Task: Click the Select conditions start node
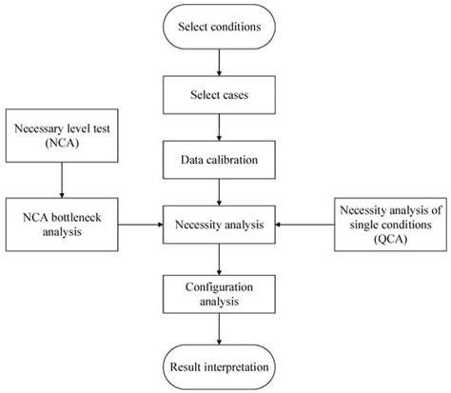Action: pyautogui.click(x=219, y=27)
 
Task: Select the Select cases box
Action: pyautogui.click(x=219, y=95)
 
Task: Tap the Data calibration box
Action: pyautogui.click(x=219, y=160)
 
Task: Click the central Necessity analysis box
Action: pyautogui.click(x=219, y=225)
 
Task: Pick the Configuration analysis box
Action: pyautogui.click(x=219, y=294)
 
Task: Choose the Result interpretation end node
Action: pyautogui.click(x=219, y=367)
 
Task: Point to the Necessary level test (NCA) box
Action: pyautogui.click(x=62, y=136)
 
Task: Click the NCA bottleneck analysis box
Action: pyautogui.click(x=62, y=225)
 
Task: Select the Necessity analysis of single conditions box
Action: pyautogui.click(x=390, y=225)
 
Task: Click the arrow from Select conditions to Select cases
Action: pyautogui.click(x=219, y=63)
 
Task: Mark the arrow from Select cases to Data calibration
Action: pyautogui.click(x=219, y=128)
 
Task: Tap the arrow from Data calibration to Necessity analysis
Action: pyautogui.click(x=219, y=192)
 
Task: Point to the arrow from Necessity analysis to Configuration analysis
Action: pyautogui.click(x=219, y=260)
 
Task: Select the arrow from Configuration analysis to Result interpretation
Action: pyautogui.click(x=219, y=329)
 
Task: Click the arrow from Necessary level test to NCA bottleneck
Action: pyautogui.click(x=62, y=180)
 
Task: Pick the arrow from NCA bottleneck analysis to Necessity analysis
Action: pyautogui.click(x=141, y=225)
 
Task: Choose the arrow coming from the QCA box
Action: pyautogui.click(x=304, y=225)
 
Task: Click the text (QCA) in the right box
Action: pyautogui.click(x=390, y=239)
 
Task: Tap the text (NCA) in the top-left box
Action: pyautogui.click(x=62, y=143)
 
